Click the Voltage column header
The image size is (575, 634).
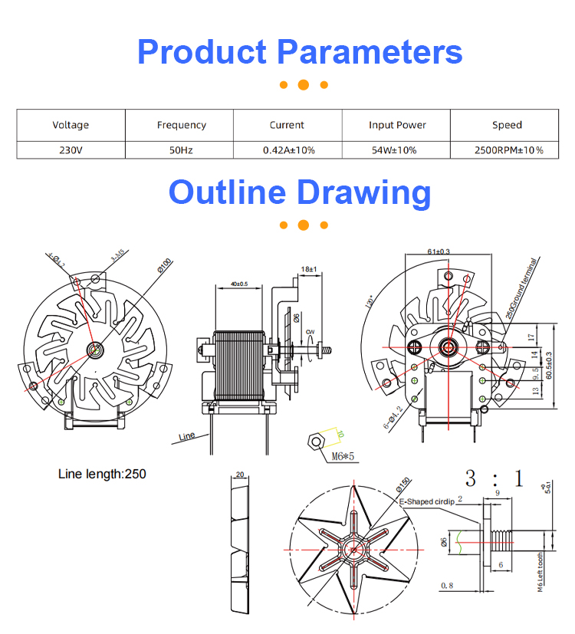(71, 125)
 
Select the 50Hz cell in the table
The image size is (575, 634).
(181, 150)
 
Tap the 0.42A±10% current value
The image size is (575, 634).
(288, 150)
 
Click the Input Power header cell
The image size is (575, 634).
(397, 125)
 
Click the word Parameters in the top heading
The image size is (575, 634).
(370, 51)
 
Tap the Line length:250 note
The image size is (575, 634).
(102, 474)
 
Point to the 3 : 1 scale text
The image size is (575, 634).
(495, 480)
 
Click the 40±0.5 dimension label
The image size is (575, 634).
(238, 284)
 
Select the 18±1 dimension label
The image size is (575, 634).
(310, 269)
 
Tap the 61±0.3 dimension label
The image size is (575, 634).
(439, 251)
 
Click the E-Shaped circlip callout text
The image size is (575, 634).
(426, 501)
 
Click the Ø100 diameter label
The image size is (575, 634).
(165, 265)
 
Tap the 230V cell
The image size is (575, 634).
(71, 150)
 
